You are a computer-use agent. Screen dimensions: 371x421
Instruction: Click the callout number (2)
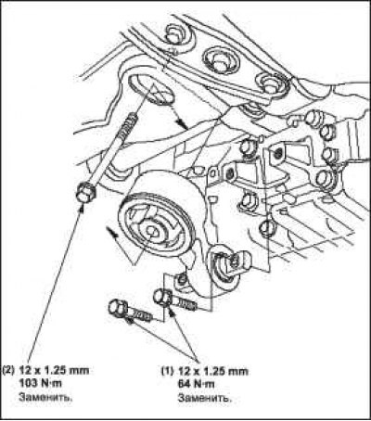click(x=8, y=370)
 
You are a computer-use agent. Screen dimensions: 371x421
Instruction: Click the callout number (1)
click(x=168, y=371)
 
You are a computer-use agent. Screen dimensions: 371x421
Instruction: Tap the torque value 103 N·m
click(x=41, y=383)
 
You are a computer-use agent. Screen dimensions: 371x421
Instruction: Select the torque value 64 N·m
click(x=196, y=384)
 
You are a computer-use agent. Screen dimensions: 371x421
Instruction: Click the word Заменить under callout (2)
click(x=45, y=397)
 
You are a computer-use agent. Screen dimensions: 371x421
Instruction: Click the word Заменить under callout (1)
click(x=205, y=397)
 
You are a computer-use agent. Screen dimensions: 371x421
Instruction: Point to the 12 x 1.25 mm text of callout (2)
click(x=54, y=370)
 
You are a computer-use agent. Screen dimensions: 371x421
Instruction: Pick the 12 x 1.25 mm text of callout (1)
click(x=213, y=371)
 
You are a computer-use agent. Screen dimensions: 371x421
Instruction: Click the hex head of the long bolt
click(x=85, y=194)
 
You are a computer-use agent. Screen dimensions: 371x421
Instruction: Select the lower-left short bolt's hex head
click(x=118, y=307)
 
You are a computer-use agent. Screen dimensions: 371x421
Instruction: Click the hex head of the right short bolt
click(x=163, y=297)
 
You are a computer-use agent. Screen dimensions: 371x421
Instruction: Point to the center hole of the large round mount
click(x=151, y=229)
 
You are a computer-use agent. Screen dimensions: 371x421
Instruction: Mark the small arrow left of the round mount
click(x=111, y=232)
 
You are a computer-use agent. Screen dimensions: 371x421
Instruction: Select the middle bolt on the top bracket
click(x=221, y=60)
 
